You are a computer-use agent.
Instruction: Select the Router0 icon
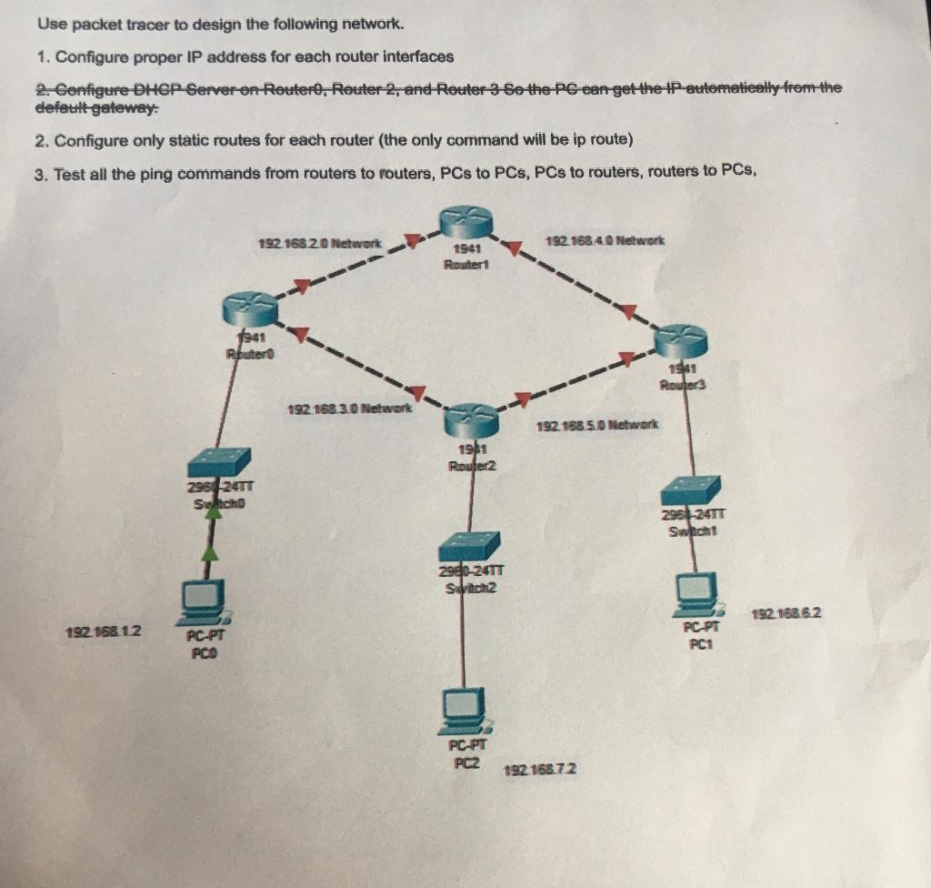click(x=247, y=310)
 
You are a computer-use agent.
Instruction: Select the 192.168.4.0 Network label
click(x=606, y=241)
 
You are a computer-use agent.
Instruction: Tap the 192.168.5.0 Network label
click(x=599, y=425)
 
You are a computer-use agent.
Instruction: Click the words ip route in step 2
click(x=588, y=141)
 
